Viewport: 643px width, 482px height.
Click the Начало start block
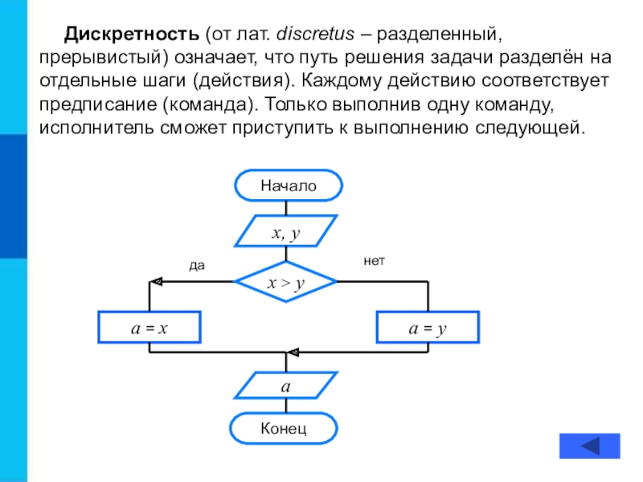click(288, 186)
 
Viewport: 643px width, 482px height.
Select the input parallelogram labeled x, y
click(286, 233)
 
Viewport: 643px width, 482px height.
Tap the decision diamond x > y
click(286, 282)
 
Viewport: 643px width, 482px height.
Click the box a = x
click(149, 328)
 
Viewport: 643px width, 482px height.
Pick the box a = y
click(427, 328)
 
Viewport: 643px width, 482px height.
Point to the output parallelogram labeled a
click(286, 385)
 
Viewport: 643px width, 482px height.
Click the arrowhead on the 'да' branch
click(157, 282)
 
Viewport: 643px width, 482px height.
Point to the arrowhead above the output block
click(293, 352)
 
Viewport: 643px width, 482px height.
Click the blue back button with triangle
click(590, 446)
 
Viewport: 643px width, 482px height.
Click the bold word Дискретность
click(132, 35)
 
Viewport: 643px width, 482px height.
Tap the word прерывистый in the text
click(97, 59)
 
